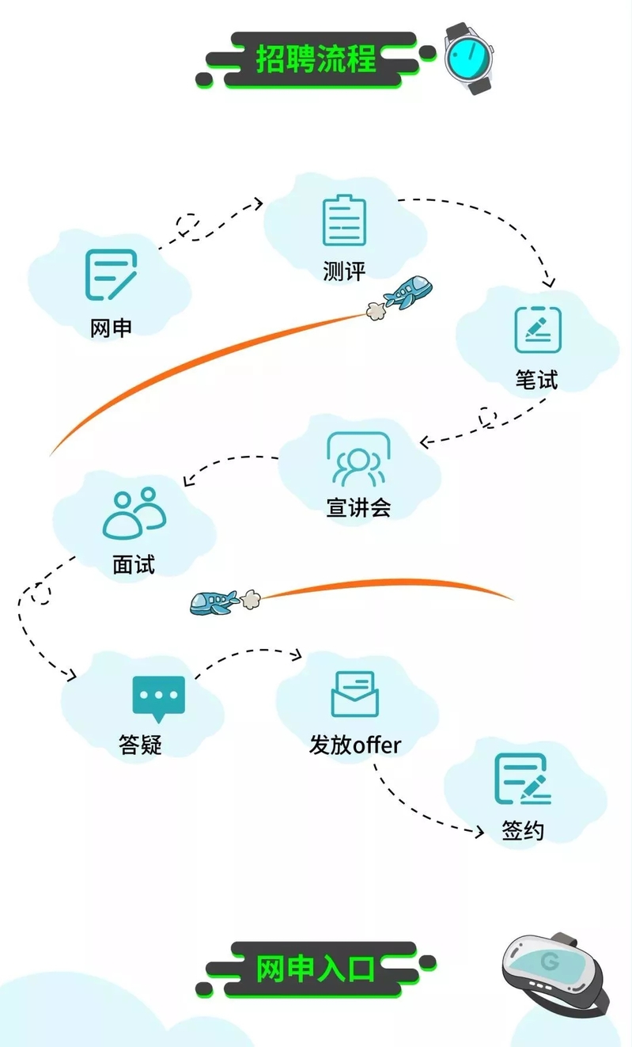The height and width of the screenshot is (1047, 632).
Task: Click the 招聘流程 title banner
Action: [316, 59]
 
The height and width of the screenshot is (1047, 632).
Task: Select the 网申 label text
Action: [111, 328]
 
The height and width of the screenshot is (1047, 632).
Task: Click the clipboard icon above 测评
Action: [344, 220]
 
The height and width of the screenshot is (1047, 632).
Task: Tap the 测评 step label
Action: [344, 271]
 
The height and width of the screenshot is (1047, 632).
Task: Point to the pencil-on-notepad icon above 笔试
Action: [538, 329]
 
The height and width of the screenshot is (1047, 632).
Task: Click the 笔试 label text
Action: [537, 379]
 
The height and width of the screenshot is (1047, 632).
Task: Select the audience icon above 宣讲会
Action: [358, 458]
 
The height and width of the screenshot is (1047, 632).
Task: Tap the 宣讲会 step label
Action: [358, 507]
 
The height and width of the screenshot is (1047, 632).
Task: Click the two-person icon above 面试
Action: [134, 514]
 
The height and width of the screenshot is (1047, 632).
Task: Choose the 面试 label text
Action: [134, 564]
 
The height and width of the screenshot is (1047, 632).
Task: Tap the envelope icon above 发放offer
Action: [355, 694]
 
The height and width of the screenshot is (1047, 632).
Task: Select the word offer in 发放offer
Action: [377, 745]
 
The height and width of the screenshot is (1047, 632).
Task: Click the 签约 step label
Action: [523, 831]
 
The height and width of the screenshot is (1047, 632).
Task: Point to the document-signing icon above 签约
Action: [523, 779]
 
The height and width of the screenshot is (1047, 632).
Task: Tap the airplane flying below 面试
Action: [214, 602]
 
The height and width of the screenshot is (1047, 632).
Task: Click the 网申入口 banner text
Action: [316, 969]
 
